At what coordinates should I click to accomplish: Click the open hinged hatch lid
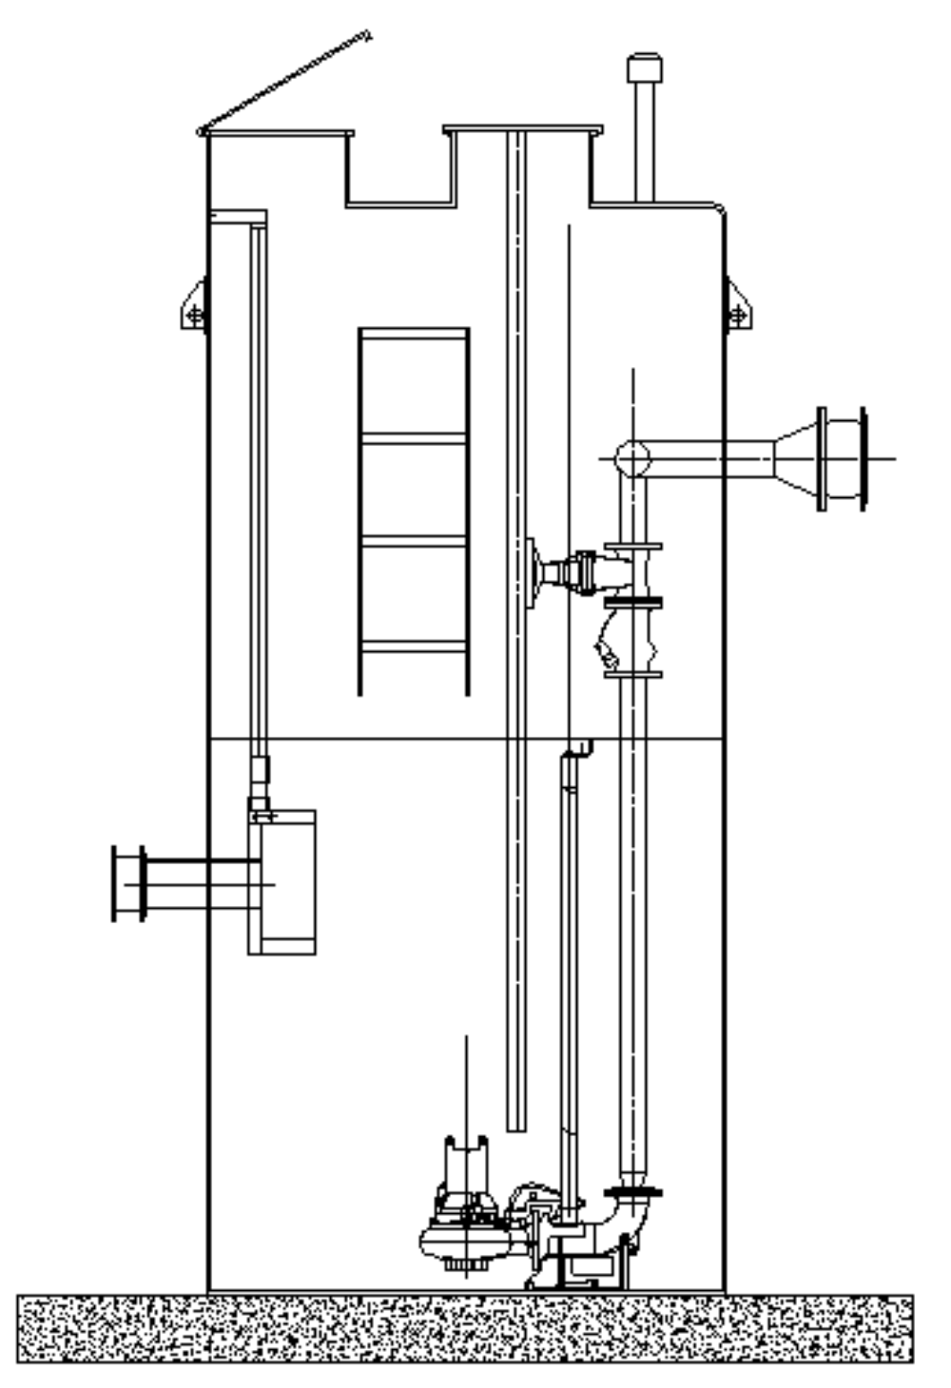[285, 83]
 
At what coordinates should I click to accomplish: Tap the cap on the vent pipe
[644, 68]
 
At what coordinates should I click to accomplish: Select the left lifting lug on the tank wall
[195, 307]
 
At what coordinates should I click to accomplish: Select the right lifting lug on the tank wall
[737, 307]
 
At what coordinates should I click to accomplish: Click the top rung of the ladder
[414, 335]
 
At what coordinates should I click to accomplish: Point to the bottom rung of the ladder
[414, 647]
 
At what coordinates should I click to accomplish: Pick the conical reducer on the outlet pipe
[796, 457]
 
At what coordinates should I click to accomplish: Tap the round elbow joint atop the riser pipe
[631, 458]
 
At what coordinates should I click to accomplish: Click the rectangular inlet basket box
[282, 882]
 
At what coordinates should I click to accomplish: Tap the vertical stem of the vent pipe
[644, 143]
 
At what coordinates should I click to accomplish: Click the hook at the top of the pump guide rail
[577, 751]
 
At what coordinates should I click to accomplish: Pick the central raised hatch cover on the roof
[522, 130]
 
